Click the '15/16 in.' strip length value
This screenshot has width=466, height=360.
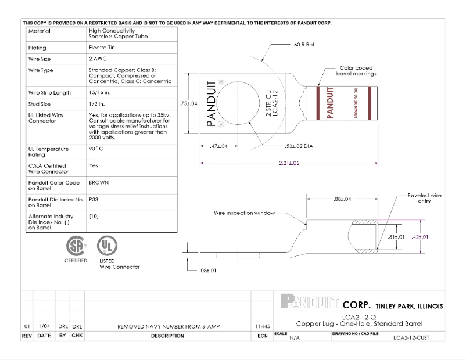(100, 92)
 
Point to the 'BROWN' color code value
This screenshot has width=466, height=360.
(99, 182)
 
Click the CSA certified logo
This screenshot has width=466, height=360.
(76, 246)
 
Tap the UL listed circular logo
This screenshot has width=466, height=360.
(105, 245)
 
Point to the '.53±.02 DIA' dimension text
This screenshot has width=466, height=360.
(299, 146)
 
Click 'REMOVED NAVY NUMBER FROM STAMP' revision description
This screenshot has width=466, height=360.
(169, 327)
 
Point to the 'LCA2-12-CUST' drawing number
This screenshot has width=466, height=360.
(411, 337)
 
